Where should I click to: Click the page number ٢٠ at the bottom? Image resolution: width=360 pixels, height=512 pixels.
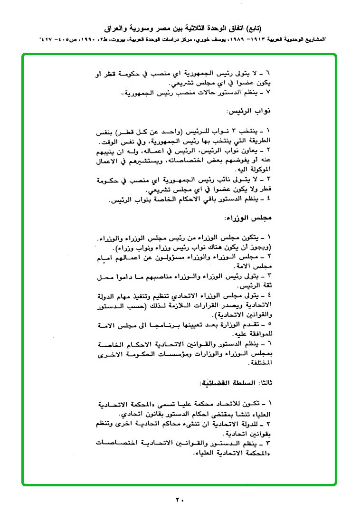tap(180, 499)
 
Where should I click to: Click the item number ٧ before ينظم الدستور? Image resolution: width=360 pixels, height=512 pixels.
tap(268, 90)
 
